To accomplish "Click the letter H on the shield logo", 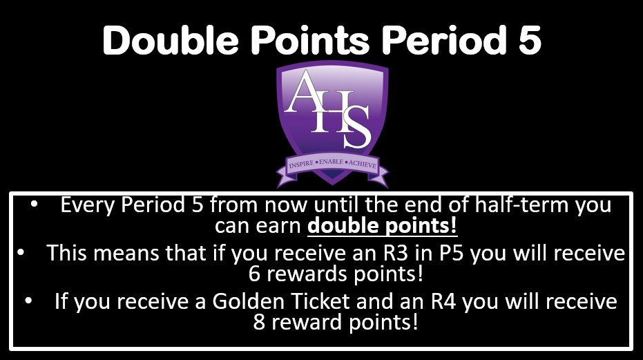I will [332, 111].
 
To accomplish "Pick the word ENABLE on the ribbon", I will [332, 167].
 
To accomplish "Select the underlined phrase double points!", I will [383, 226].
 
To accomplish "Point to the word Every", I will [89, 206].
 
